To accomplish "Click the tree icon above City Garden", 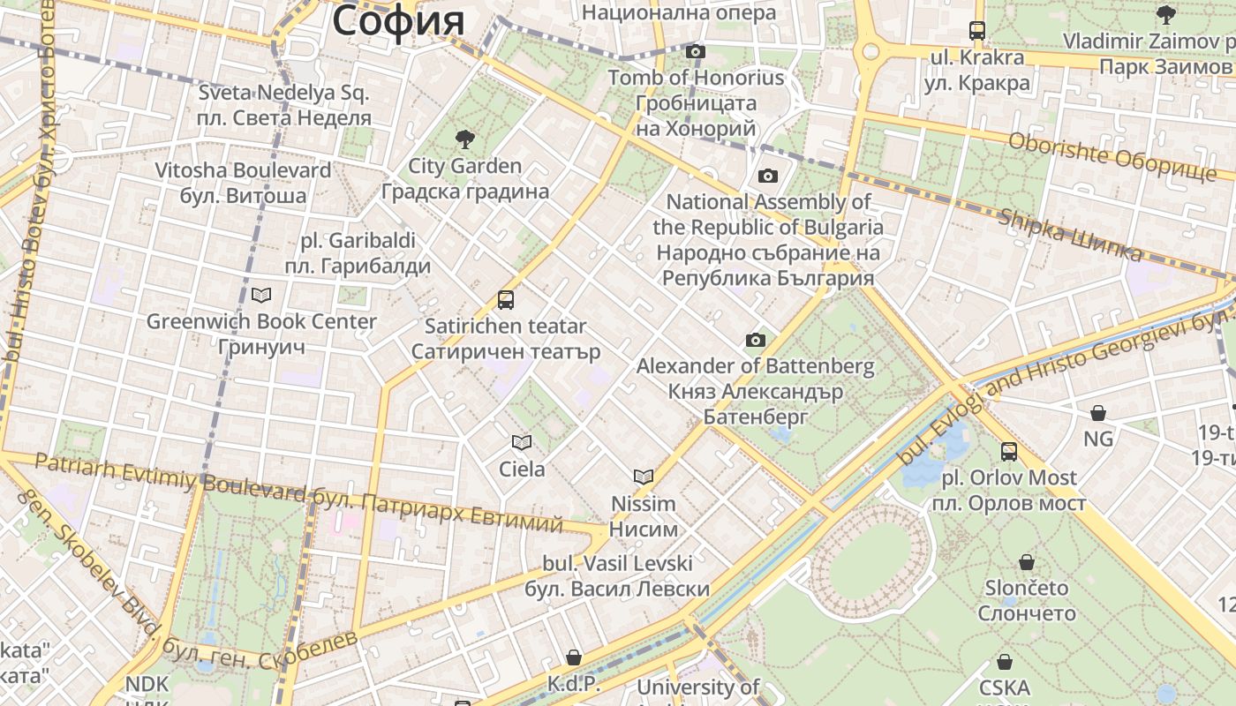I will (x=463, y=139).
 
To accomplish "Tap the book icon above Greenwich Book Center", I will (x=261, y=295).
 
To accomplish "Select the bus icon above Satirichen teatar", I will (x=506, y=300).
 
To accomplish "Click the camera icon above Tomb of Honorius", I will (x=696, y=51).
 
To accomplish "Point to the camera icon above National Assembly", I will (x=768, y=176).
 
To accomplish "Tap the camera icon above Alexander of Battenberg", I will (x=756, y=340).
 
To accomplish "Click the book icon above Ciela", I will (x=522, y=442).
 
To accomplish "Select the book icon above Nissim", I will (x=644, y=477).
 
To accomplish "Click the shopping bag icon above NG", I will (x=1098, y=412).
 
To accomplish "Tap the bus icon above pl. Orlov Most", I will (x=1009, y=452).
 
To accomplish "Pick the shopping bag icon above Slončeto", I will (x=1027, y=561).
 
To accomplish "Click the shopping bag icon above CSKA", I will (x=1005, y=662).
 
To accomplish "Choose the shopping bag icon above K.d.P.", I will (x=574, y=657).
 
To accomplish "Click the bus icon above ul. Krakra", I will (x=977, y=31).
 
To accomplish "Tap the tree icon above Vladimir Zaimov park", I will (x=1166, y=14).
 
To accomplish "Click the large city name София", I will (x=398, y=19).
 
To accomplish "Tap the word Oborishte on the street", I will (x=1057, y=149).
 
